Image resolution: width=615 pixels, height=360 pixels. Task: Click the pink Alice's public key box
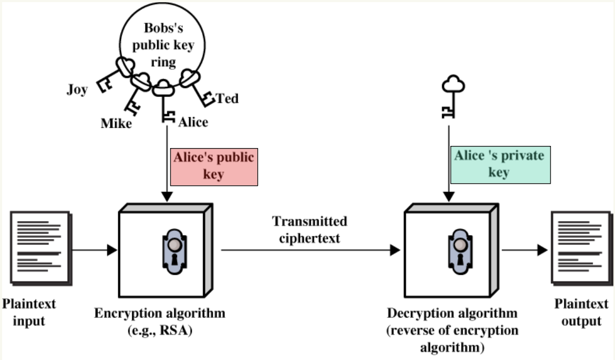point(214,167)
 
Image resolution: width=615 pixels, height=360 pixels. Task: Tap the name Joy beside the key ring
point(77,89)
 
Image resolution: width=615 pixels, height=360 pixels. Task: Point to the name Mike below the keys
point(117,124)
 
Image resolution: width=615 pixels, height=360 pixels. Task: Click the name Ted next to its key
point(227,99)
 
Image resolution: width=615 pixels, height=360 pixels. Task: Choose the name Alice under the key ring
point(193,122)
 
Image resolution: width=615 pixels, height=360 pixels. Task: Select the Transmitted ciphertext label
point(309,230)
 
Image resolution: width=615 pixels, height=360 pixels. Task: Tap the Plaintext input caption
point(29,313)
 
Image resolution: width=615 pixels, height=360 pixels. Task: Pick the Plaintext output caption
point(581,313)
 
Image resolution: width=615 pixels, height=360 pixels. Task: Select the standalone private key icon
point(452,96)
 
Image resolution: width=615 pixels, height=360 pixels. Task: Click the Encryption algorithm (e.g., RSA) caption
point(160,320)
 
